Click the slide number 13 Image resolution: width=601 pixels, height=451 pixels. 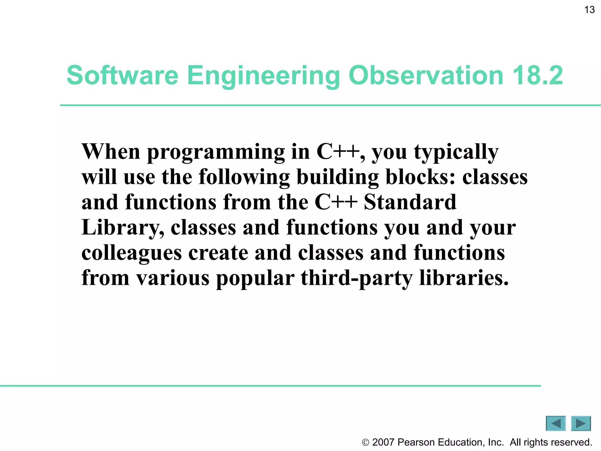tap(589, 10)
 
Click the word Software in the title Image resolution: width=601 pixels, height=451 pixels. tap(122, 75)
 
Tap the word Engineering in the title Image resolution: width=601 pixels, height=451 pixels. tap(263, 75)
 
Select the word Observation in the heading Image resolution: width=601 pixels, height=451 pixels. tap(426, 75)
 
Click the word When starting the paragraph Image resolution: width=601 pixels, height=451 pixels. tap(111, 152)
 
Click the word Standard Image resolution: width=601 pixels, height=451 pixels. tap(410, 202)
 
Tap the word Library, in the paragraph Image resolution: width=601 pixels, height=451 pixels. tap(123, 228)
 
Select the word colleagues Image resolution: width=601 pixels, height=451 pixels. tap(131, 253)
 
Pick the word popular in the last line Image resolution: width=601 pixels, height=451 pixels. tap(255, 278)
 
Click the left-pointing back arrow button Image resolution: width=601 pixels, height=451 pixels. tap(556, 423)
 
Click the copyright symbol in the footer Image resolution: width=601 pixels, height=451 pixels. tap(365, 442)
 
